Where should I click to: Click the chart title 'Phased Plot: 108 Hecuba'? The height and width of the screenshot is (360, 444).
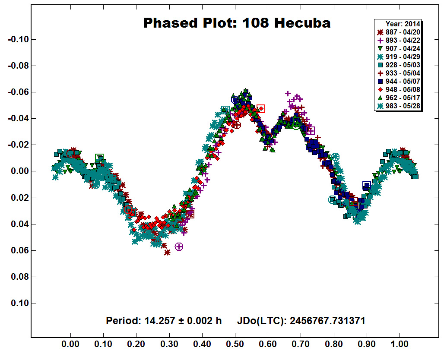click(237, 23)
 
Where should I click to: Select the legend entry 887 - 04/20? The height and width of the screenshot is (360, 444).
click(399, 32)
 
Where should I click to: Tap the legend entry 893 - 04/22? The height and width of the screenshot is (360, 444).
click(399, 41)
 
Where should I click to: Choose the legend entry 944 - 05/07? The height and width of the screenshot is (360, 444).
click(399, 82)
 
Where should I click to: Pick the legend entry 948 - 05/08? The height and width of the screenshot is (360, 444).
click(399, 90)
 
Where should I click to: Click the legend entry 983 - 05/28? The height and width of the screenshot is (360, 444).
click(399, 106)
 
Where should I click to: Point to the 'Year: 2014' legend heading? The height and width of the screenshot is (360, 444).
click(403, 24)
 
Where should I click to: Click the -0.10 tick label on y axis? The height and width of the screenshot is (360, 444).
click(19, 39)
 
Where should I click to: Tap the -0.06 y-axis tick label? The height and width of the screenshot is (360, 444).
click(19, 92)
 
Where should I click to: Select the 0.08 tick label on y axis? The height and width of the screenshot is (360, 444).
click(20, 277)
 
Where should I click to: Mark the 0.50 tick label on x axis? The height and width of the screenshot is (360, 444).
click(235, 344)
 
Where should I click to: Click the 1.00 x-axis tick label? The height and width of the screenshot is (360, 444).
click(400, 344)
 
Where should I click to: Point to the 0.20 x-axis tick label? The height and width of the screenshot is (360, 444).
click(136, 344)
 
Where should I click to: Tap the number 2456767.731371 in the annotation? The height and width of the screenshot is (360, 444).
click(327, 321)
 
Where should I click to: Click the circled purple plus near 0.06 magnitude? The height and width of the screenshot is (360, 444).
click(179, 247)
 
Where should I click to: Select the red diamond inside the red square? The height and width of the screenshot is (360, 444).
click(261, 109)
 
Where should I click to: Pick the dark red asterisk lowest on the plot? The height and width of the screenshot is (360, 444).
click(167, 253)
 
